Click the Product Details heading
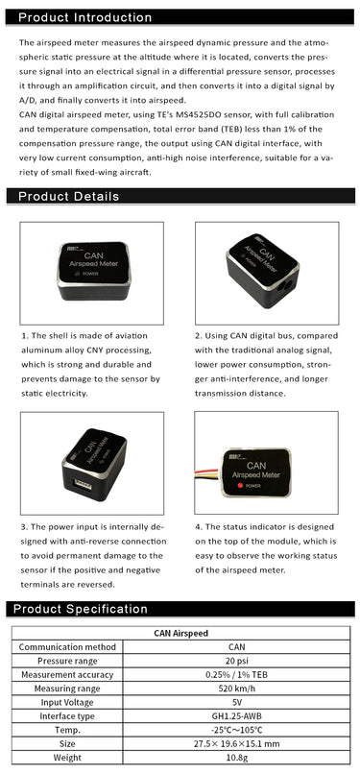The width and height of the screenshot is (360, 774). click(69, 196)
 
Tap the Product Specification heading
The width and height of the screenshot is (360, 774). click(83, 608)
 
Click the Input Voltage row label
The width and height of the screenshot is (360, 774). click(66, 702)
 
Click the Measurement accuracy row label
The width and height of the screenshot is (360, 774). click(66, 674)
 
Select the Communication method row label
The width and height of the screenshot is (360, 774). click(66, 647)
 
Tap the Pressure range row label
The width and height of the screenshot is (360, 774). click(66, 661)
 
